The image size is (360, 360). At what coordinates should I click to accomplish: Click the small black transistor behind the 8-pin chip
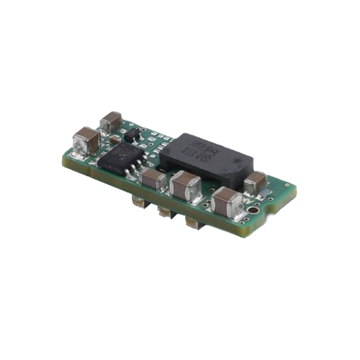pos(132,134)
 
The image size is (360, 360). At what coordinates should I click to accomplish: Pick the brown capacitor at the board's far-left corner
pos(85,138)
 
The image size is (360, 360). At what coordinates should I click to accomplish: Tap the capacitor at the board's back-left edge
pos(111,121)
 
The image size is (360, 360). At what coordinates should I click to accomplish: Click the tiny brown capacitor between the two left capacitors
pos(114,138)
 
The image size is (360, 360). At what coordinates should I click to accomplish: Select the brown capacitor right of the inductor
pos(255,182)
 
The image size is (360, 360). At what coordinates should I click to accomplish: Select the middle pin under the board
pos(164,211)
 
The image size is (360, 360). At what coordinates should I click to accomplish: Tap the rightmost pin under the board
pos(192,223)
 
